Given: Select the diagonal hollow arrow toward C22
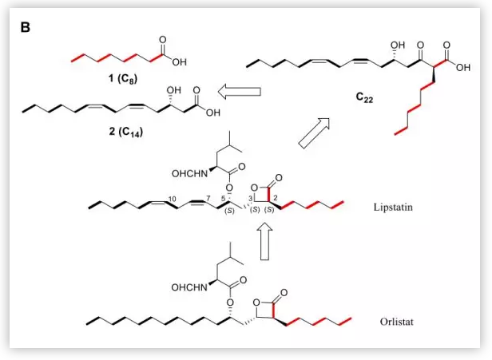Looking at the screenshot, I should (311, 131).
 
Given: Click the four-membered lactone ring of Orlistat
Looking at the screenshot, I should (270, 306).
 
